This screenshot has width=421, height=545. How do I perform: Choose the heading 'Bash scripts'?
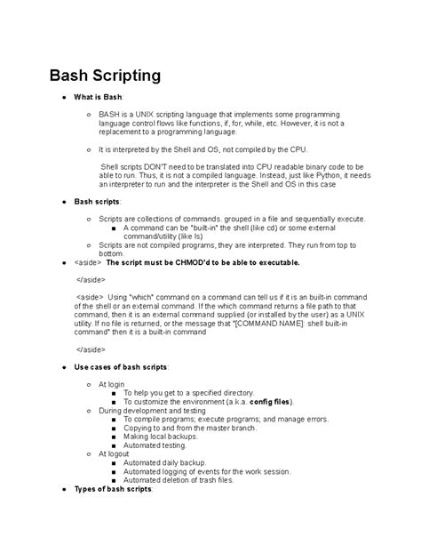click(97, 203)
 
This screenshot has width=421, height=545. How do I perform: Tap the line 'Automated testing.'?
click(155, 445)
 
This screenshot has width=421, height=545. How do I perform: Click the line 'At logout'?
click(118, 454)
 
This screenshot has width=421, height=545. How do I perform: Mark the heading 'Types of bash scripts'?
click(113, 489)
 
